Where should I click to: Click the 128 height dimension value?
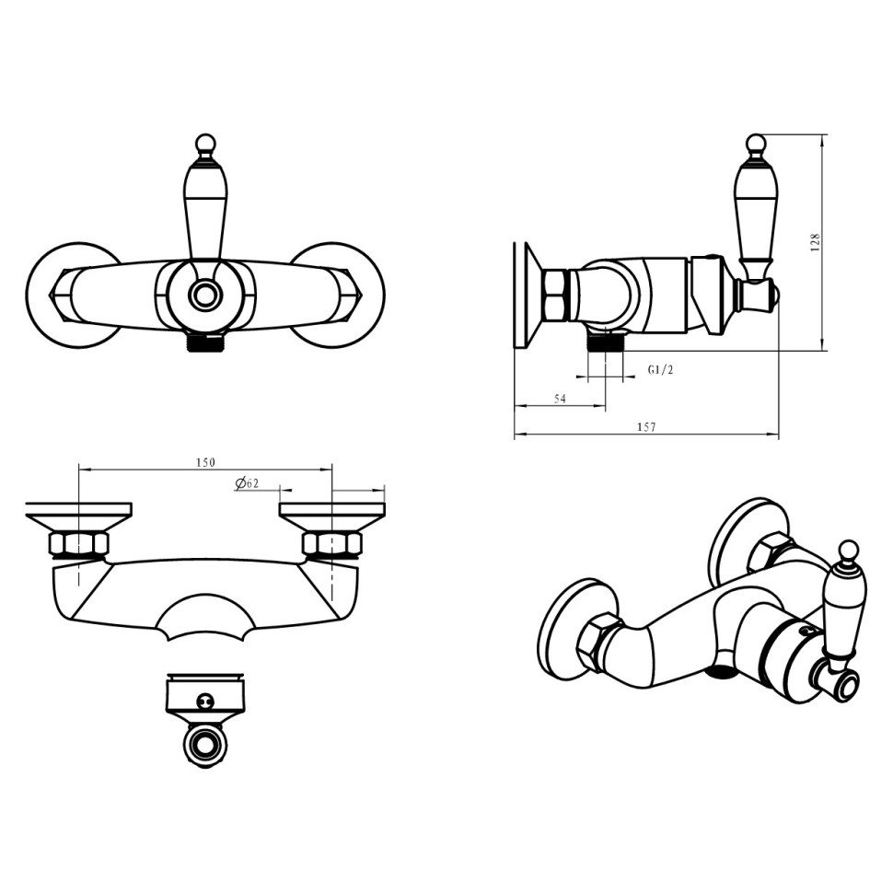(816, 243)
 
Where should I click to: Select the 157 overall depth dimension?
(647, 426)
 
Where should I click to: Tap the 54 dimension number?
(560, 399)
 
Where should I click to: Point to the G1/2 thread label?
(661, 369)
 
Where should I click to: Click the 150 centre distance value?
(205, 462)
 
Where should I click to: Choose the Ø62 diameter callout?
(247, 483)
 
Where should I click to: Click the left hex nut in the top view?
(78, 544)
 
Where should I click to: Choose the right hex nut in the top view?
(331, 544)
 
